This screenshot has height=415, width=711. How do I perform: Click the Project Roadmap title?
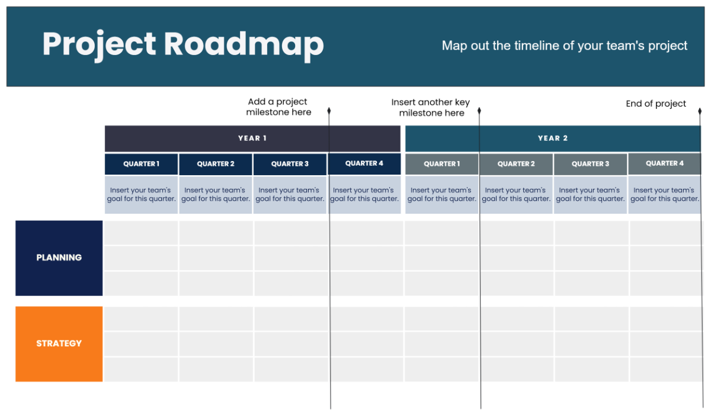coord(183,45)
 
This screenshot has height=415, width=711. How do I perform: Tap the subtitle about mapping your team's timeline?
coord(564,46)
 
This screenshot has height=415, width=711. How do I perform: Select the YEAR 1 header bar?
coord(252,139)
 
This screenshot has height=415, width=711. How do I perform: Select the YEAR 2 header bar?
coord(553,139)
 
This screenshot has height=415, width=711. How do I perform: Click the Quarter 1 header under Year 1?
coord(141,164)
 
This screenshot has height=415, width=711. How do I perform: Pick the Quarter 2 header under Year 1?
coord(216,164)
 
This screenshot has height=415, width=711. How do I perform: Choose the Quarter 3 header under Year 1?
coord(290,164)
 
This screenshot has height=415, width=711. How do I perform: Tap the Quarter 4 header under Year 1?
coord(364,163)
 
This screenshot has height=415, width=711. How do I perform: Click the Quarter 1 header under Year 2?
coord(442,164)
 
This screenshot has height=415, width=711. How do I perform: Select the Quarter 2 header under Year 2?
coord(516,164)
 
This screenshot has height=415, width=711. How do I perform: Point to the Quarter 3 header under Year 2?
coord(590,164)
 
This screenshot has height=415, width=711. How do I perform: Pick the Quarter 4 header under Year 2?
coord(665,163)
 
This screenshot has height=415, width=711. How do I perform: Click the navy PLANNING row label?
coord(59,258)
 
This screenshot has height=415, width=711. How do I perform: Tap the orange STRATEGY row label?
coord(59,343)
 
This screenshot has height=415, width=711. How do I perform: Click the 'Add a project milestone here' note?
coord(278,107)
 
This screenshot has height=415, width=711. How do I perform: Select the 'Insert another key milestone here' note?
coord(431,108)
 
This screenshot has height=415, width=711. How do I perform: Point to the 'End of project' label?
coord(656,104)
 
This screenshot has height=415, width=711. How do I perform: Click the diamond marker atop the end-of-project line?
coord(700,111)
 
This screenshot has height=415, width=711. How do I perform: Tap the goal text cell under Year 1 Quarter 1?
coord(142,195)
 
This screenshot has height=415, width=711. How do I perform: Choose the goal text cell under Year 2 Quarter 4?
coord(664,195)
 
